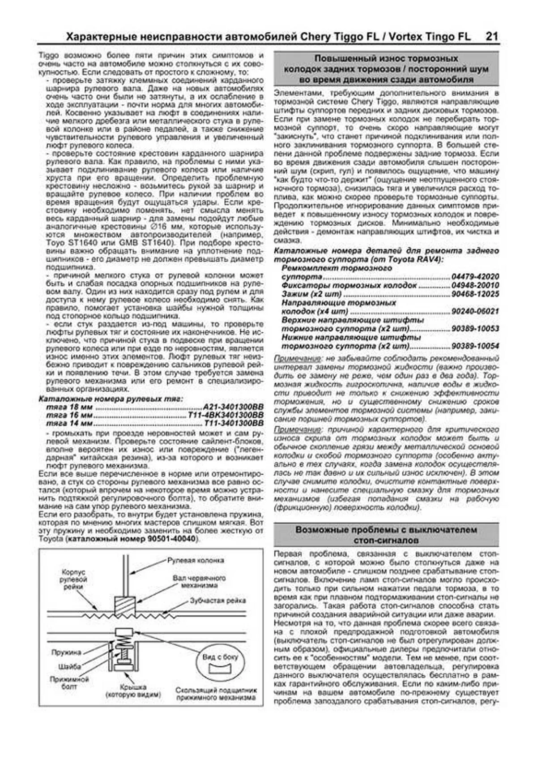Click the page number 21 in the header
pyautogui.click(x=491, y=37)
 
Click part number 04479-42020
pyautogui.click(x=475, y=277)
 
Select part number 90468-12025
pyautogui.click(x=475, y=294)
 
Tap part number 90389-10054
pyautogui.click(x=475, y=346)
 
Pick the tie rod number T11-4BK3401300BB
pyautogui.click(x=226, y=415)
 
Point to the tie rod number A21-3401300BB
pyautogui.click(x=233, y=407)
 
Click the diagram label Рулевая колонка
pyautogui.click(x=196, y=560)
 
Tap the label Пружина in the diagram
pyautogui.click(x=66, y=653)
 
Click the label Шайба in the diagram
pyautogui.click(x=69, y=666)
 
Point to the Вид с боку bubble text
pyautogui.click(x=220, y=657)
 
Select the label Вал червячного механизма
pyautogui.click(x=199, y=582)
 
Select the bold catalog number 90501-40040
pyautogui.click(x=172, y=539)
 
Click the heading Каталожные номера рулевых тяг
pyautogui.click(x=111, y=399)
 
